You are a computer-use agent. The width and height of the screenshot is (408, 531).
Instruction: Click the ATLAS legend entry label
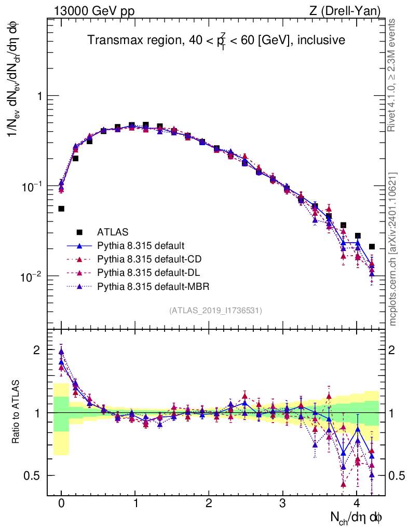coord(113,232)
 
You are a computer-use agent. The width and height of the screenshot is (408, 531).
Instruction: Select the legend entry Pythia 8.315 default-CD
coord(149,259)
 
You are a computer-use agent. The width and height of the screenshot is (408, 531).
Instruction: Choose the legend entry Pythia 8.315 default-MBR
coord(152,286)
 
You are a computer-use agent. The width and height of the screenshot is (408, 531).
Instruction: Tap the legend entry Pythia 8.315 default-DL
coord(148,272)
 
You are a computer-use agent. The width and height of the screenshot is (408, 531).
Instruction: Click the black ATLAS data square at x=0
coord(61,208)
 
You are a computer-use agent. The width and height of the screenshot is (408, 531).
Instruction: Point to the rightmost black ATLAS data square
coord(372,246)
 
